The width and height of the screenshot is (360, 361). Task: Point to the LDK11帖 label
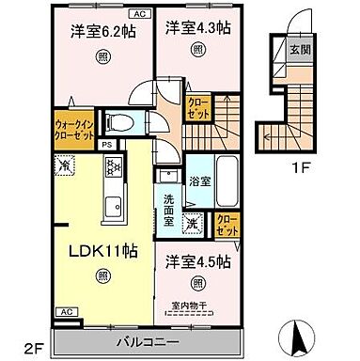tap(100, 252)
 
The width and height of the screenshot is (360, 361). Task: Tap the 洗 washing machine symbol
tap(192, 224)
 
